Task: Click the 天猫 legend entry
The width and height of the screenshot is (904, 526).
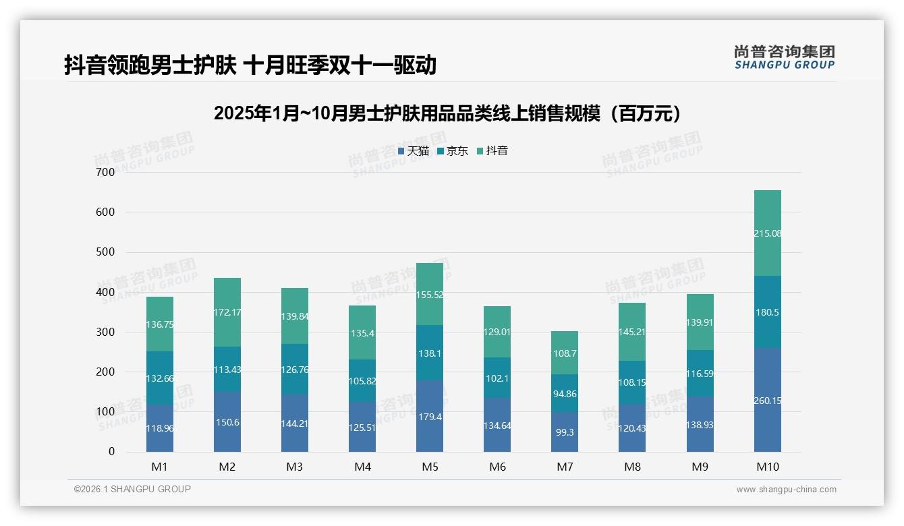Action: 414,151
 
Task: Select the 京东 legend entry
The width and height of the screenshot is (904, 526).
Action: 453,151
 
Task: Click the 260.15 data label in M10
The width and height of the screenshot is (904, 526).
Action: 767,401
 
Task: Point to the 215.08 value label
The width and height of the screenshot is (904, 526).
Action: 767,233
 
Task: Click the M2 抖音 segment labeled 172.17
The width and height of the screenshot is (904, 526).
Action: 227,312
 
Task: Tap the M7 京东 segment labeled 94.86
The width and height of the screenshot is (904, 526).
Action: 565,394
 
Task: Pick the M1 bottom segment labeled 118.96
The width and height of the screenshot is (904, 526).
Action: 160,428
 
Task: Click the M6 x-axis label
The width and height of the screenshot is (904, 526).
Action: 497,467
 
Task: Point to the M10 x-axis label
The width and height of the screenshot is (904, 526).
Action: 767,467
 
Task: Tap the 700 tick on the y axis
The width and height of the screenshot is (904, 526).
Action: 106,172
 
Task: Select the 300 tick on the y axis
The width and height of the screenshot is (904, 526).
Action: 106,332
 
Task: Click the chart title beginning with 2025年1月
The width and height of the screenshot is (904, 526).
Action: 447,113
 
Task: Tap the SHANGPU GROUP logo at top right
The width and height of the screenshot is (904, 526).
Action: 784,57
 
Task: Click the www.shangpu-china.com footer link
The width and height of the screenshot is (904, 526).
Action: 786,490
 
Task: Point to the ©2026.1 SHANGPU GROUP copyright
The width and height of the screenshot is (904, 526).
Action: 132,489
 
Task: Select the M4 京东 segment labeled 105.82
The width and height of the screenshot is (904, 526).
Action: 362,381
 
